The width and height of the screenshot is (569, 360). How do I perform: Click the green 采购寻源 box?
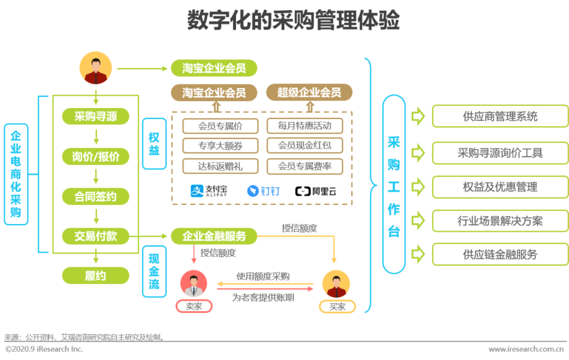(x=95, y=116)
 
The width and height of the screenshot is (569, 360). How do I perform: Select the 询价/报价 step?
(x=95, y=157)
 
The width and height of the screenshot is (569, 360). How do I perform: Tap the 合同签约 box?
(x=95, y=197)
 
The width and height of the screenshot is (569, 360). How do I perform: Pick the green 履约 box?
(x=95, y=276)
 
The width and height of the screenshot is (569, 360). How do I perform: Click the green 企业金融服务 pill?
(x=214, y=236)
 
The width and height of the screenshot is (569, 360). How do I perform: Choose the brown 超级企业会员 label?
(x=309, y=93)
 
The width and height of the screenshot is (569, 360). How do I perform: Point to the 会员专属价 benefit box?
(x=220, y=126)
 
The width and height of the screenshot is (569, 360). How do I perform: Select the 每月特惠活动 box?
(x=305, y=126)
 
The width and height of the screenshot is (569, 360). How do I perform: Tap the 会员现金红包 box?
(x=305, y=145)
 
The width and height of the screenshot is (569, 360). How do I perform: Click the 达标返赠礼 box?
(x=220, y=166)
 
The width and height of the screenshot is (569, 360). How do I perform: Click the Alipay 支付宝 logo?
(x=209, y=190)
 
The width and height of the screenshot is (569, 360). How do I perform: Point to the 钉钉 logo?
(x=263, y=191)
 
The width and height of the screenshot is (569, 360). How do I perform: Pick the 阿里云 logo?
(x=316, y=191)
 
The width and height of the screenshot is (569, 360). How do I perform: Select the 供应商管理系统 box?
(x=500, y=116)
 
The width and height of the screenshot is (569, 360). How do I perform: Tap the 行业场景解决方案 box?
(x=500, y=221)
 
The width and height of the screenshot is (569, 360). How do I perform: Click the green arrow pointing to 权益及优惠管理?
(x=418, y=187)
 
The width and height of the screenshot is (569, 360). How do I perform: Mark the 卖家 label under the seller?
(x=194, y=306)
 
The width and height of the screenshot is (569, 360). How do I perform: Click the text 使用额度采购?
(x=263, y=277)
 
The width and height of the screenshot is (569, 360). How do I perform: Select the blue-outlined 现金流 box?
(x=154, y=271)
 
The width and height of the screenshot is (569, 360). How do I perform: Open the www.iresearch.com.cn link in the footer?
(x=527, y=349)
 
